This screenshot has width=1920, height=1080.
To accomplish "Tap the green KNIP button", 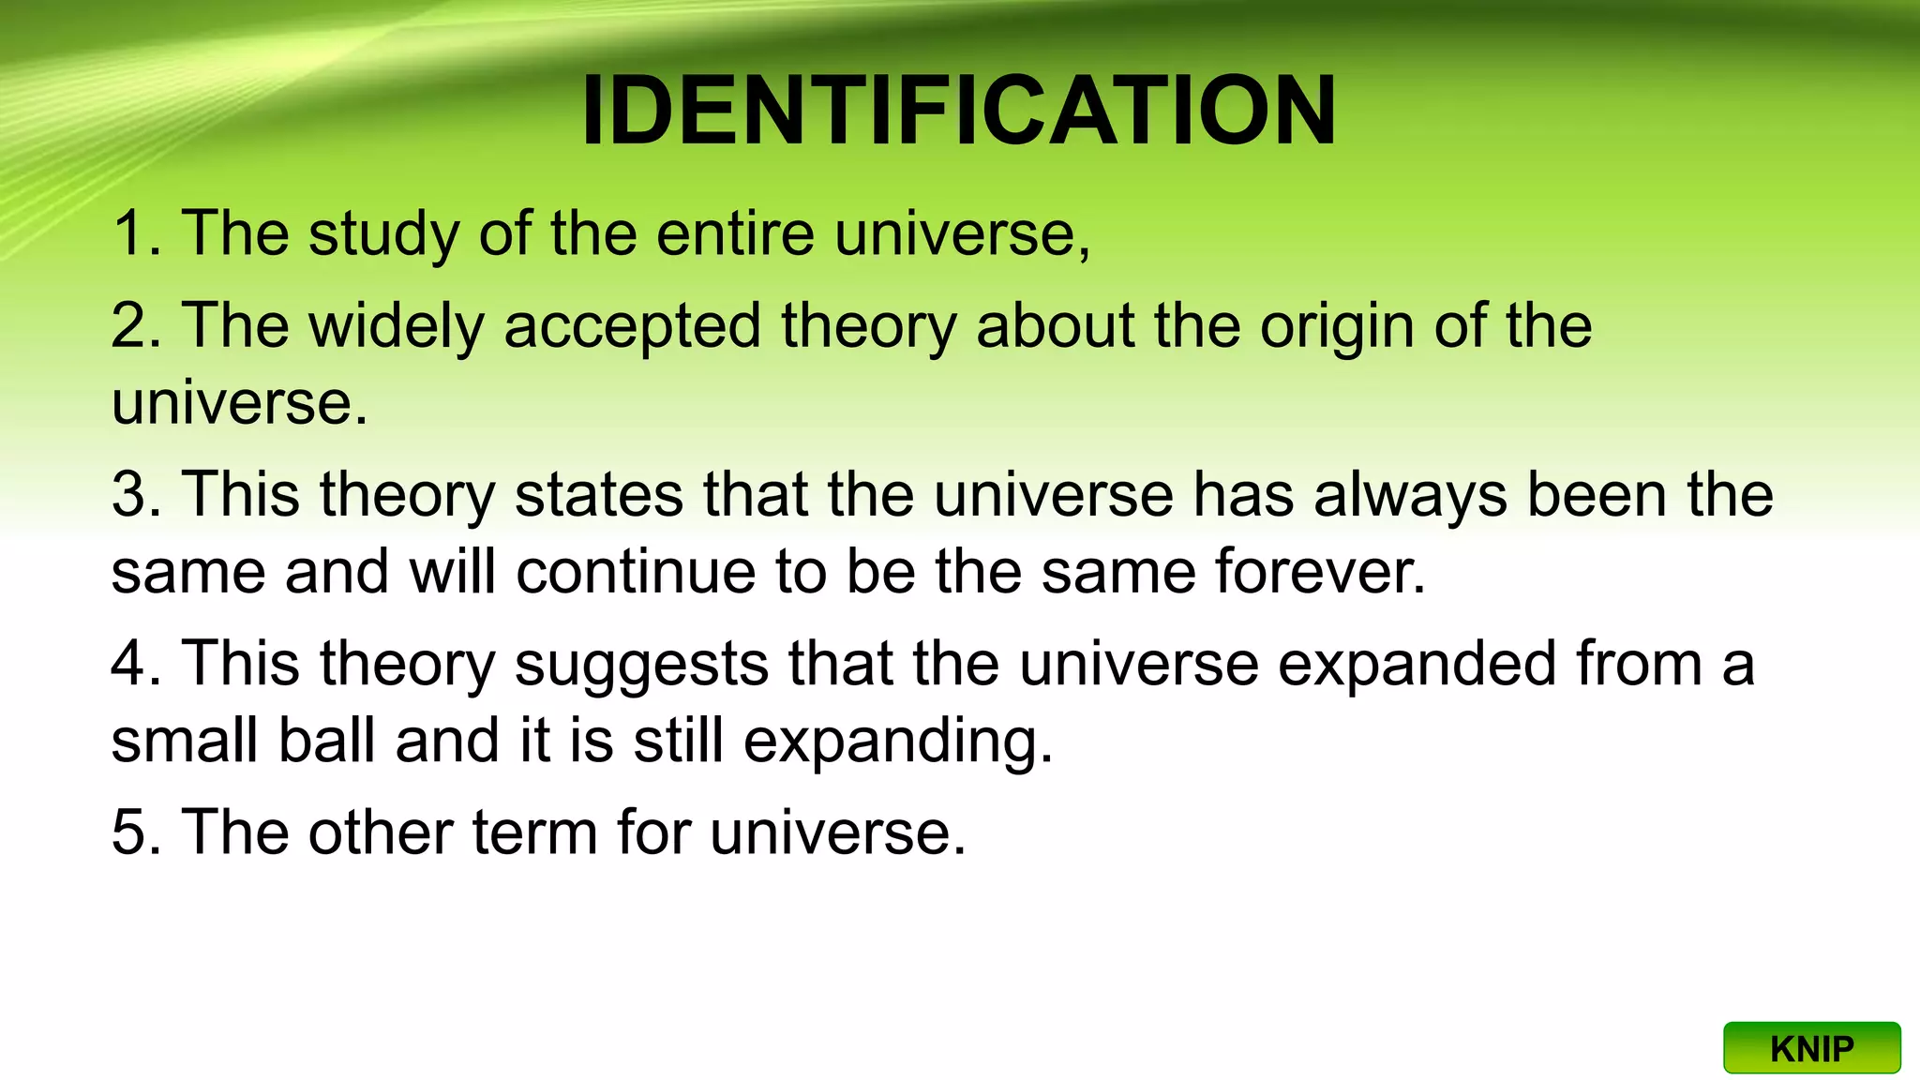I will pos(1811,1048).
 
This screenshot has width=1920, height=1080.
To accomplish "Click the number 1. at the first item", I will pos(137,233).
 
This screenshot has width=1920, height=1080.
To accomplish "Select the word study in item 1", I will pos(383,233).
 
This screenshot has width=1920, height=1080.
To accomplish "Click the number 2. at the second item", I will pos(137,326).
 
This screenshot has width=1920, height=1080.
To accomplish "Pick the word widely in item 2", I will pos(397,326).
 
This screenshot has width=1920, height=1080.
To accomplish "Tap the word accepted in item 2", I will pos(632,326).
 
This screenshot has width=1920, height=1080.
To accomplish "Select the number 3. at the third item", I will pos(137,495).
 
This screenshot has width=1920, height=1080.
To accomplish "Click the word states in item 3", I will pos(599,495).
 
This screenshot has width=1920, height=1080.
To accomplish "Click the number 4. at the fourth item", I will pos(137,664).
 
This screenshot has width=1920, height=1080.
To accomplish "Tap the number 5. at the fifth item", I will pos(137,832).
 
